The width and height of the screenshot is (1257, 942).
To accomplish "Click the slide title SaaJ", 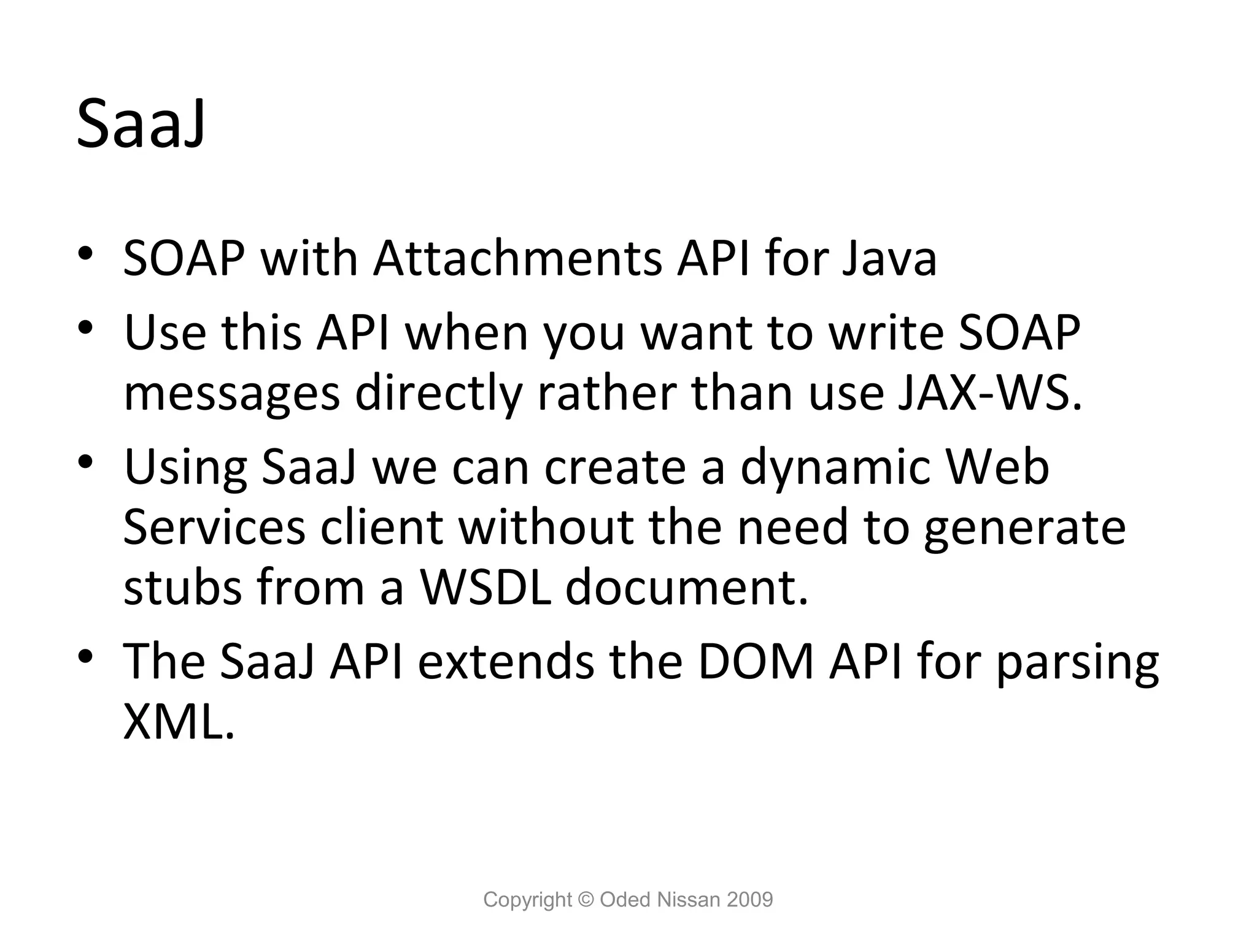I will coord(141,124).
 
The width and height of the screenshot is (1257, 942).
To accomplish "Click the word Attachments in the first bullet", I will coord(517,258).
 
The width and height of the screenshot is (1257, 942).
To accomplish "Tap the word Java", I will coord(888,258).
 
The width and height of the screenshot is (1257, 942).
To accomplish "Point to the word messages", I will coord(231,394).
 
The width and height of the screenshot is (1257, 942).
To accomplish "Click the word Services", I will coord(214,527).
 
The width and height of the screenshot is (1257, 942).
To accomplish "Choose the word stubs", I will coord(182,587).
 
